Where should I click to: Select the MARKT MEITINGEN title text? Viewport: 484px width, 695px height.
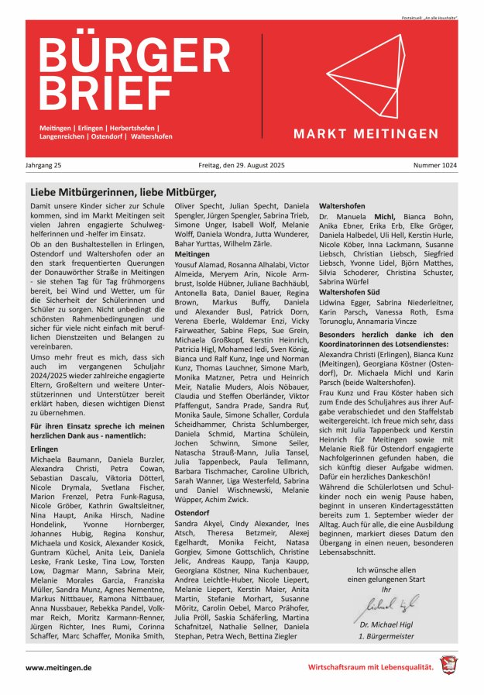tap(366, 134)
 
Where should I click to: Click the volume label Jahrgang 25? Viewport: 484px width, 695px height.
tap(46, 165)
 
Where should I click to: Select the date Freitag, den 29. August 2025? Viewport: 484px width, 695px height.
tap(242, 165)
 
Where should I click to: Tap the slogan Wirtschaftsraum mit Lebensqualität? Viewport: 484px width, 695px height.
tap(370, 667)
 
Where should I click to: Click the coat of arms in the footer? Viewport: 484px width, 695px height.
tap(449, 666)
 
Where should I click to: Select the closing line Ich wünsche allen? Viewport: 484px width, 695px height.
tap(388, 570)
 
